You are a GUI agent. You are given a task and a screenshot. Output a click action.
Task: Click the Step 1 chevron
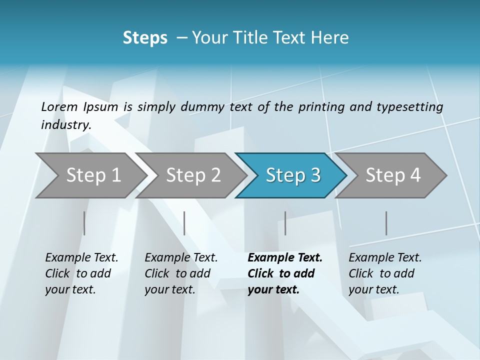coord(90,175)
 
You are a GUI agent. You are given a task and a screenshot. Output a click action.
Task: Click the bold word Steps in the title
coord(145,38)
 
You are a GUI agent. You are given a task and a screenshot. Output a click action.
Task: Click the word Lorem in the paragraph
coord(59,106)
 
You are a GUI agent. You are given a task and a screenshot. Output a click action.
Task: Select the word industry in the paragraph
coord(65,125)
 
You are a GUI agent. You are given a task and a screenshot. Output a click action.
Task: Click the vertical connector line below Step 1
coord(84,223)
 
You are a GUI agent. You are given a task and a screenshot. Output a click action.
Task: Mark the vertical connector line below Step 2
coord(184,223)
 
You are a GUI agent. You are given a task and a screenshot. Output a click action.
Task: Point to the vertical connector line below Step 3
coord(285,223)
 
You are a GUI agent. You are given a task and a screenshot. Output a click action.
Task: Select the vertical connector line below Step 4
coord(386,223)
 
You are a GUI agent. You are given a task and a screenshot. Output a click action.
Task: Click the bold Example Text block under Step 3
coord(284,273)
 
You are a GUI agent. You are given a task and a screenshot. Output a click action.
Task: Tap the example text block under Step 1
coord(81,273)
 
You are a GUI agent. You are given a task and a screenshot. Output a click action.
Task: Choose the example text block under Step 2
coord(181,273)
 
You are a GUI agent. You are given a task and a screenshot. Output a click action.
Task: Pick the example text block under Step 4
coord(385,273)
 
